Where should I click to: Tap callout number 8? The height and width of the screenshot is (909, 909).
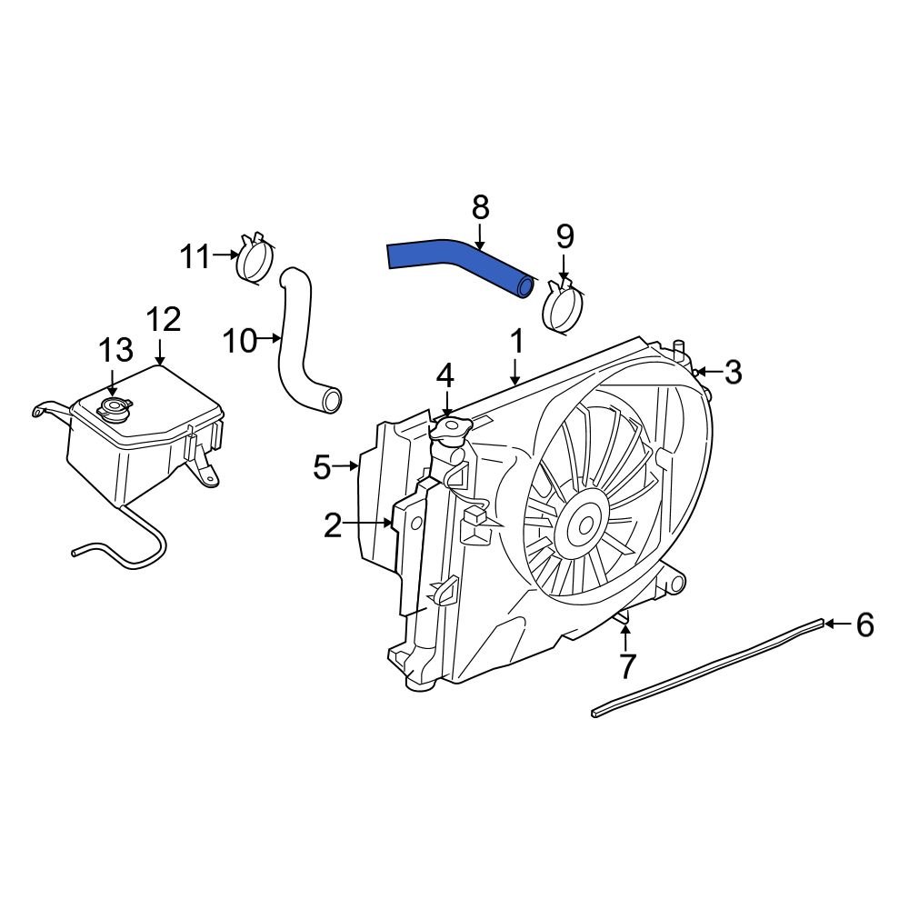click(481, 208)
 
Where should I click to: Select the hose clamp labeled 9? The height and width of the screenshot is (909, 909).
click(563, 306)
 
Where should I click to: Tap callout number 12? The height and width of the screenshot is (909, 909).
click(164, 320)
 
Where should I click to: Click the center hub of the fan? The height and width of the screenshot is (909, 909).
click(581, 524)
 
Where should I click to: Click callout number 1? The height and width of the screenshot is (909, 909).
click(515, 343)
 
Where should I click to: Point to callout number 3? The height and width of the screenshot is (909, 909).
click(733, 372)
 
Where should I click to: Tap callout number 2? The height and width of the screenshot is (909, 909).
click(333, 524)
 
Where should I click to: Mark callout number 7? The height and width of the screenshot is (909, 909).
click(627, 666)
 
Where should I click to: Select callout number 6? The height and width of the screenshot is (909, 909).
click(864, 624)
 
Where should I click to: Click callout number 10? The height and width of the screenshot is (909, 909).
click(241, 341)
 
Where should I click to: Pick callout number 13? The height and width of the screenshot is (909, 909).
click(115, 349)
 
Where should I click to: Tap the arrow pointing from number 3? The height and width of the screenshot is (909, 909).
click(710, 371)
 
